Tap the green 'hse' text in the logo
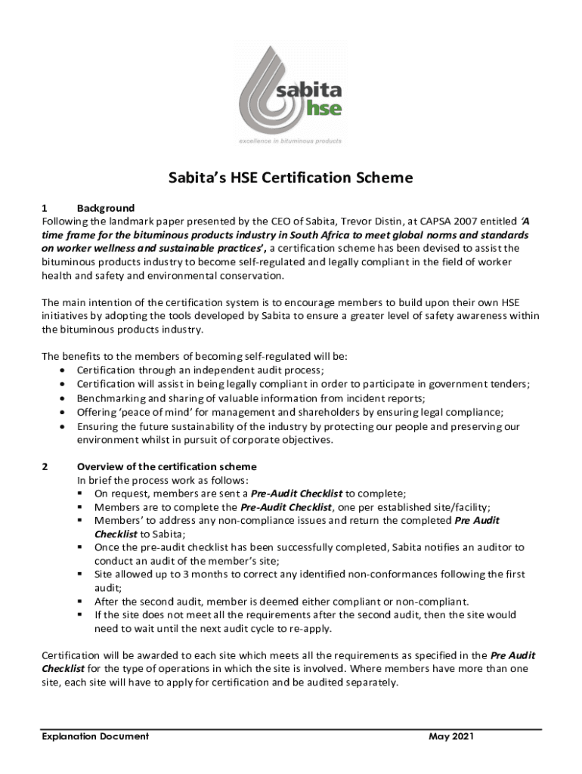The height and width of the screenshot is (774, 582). (x=324, y=107)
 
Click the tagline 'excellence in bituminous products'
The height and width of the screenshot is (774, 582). (x=290, y=141)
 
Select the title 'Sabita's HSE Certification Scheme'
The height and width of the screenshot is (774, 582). (x=290, y=178)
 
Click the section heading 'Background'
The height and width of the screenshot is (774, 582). (x=106, y=208)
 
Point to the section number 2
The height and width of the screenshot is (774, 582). (x=45, y=466)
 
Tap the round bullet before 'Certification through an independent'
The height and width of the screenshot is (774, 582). (x=62, y=370)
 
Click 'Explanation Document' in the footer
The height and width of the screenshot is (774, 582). (x=95, y=736)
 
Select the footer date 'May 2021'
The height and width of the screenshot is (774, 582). (x=452, y=736)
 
